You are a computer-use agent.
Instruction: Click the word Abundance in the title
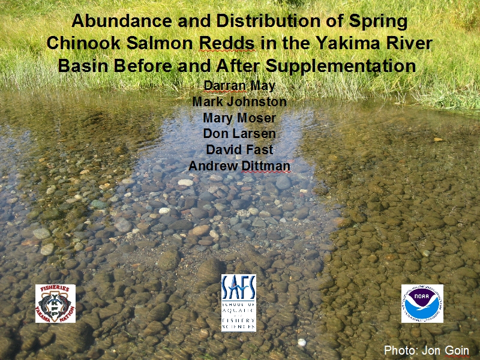click(122, 21)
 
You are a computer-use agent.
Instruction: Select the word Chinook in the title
click(83, 43)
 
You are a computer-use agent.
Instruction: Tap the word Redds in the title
click(227, 43)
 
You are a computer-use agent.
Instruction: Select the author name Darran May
click(239, 86)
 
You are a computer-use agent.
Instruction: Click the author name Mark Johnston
click(239, 101)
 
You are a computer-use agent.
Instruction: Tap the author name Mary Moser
click(239, 118)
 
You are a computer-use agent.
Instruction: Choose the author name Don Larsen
click(239, 133)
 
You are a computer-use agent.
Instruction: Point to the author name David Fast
click(239, 149)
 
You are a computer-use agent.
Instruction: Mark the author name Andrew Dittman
click(239, 166)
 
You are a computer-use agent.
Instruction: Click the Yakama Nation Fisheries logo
click(55, 304)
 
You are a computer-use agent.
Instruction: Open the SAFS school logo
click(239, 303)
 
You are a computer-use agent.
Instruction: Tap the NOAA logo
click(422, 304)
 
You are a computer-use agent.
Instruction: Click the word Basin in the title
click(83, 66)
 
